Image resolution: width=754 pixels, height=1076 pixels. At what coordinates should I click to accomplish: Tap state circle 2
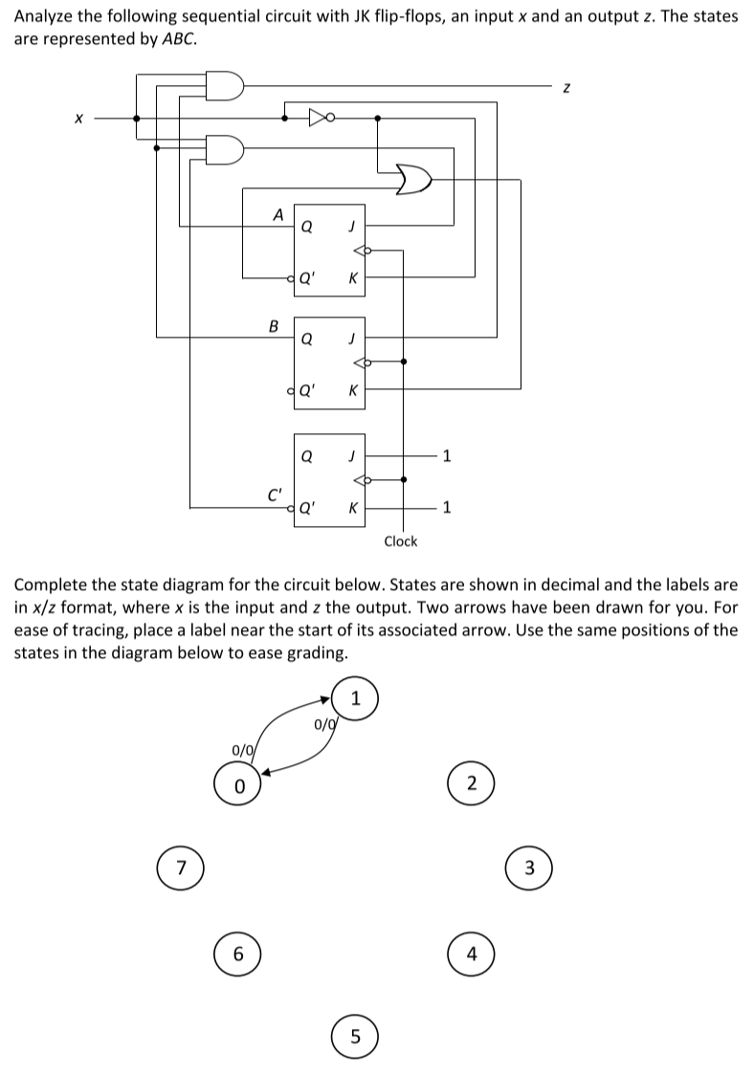[470, 784]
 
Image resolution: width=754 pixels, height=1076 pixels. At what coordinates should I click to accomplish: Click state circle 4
[470, 954]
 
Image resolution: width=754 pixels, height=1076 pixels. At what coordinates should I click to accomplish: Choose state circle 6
[240, 954]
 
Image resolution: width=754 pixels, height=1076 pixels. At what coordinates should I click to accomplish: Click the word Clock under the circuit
[400, 541]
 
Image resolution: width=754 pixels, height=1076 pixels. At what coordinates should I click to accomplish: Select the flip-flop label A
[277, 215]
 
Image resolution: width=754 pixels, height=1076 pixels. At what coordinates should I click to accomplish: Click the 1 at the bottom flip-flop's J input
[446, 455]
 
